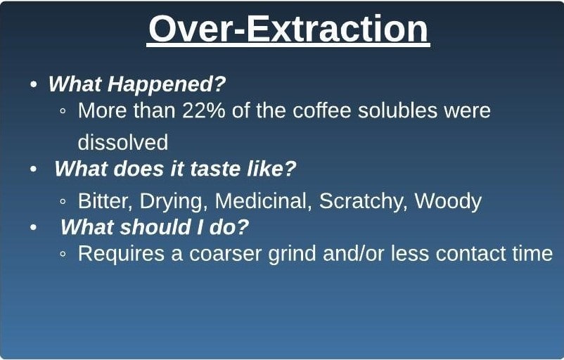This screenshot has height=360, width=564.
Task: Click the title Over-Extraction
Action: [288, 29]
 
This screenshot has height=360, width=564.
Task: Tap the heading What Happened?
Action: [137, 84]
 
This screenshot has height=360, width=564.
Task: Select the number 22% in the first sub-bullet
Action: [203, 110]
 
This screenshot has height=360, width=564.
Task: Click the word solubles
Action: [397, 110]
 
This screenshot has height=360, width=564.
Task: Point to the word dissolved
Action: [123, 142]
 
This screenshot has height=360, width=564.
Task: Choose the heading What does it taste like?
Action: [175, 168]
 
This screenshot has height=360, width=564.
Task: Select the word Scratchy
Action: [363, 201]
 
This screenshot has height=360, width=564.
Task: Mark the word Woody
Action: [448, 201]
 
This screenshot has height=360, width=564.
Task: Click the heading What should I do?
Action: [155, 227]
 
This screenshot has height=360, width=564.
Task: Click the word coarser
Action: [225, 254]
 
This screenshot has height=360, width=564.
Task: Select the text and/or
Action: [353, 253]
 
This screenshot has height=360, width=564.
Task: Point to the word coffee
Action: [322, 110]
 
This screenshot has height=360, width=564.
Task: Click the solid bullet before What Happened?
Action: [34, 84]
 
